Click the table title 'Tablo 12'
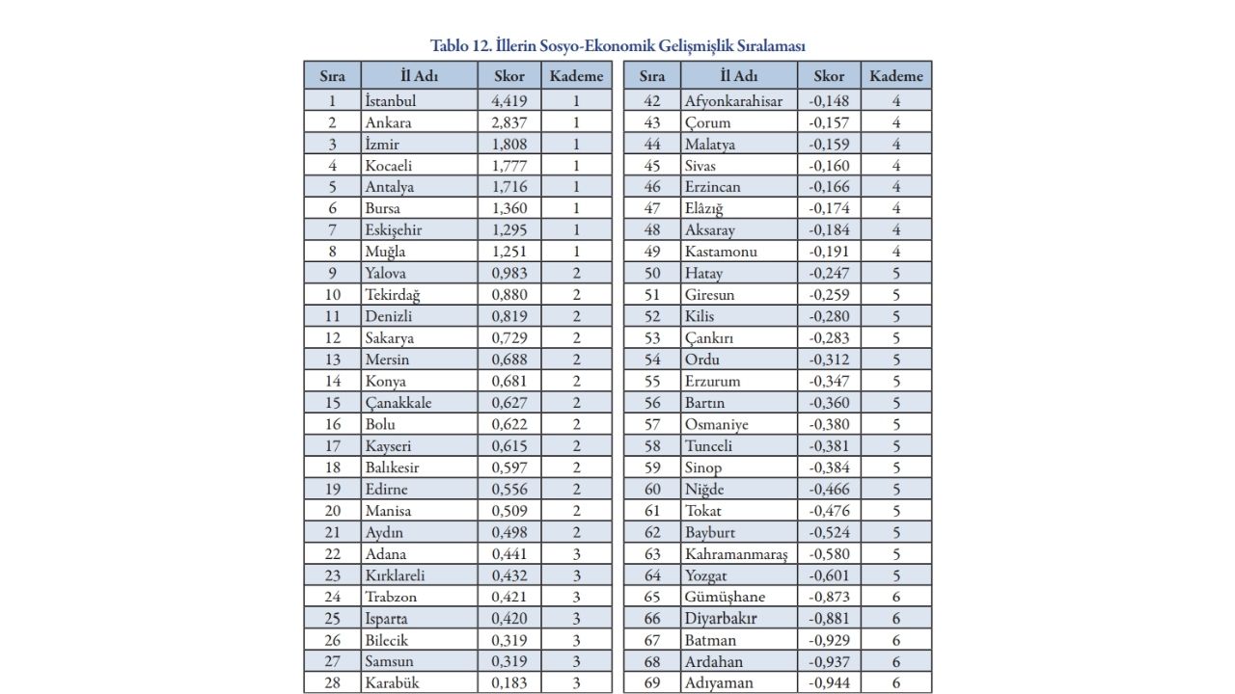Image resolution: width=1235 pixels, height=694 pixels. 617,45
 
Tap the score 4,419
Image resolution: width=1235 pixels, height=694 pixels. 508,101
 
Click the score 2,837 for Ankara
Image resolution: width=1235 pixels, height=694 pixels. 508,122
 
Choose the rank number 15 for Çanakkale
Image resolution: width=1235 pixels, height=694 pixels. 333,403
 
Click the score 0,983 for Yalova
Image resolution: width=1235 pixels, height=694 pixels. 508,274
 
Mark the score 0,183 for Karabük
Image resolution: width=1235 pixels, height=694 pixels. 508,683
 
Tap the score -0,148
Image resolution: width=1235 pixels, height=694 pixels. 829,101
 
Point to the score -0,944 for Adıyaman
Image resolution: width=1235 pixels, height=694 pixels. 829,683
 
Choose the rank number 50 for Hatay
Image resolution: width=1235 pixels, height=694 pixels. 652,274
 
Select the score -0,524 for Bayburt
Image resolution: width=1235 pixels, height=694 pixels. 829,532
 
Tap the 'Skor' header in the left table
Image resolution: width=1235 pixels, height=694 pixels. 508,76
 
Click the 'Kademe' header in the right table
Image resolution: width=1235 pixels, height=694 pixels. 896,76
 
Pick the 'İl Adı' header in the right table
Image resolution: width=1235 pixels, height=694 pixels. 739,76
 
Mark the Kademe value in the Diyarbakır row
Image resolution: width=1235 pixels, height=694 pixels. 896,619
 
